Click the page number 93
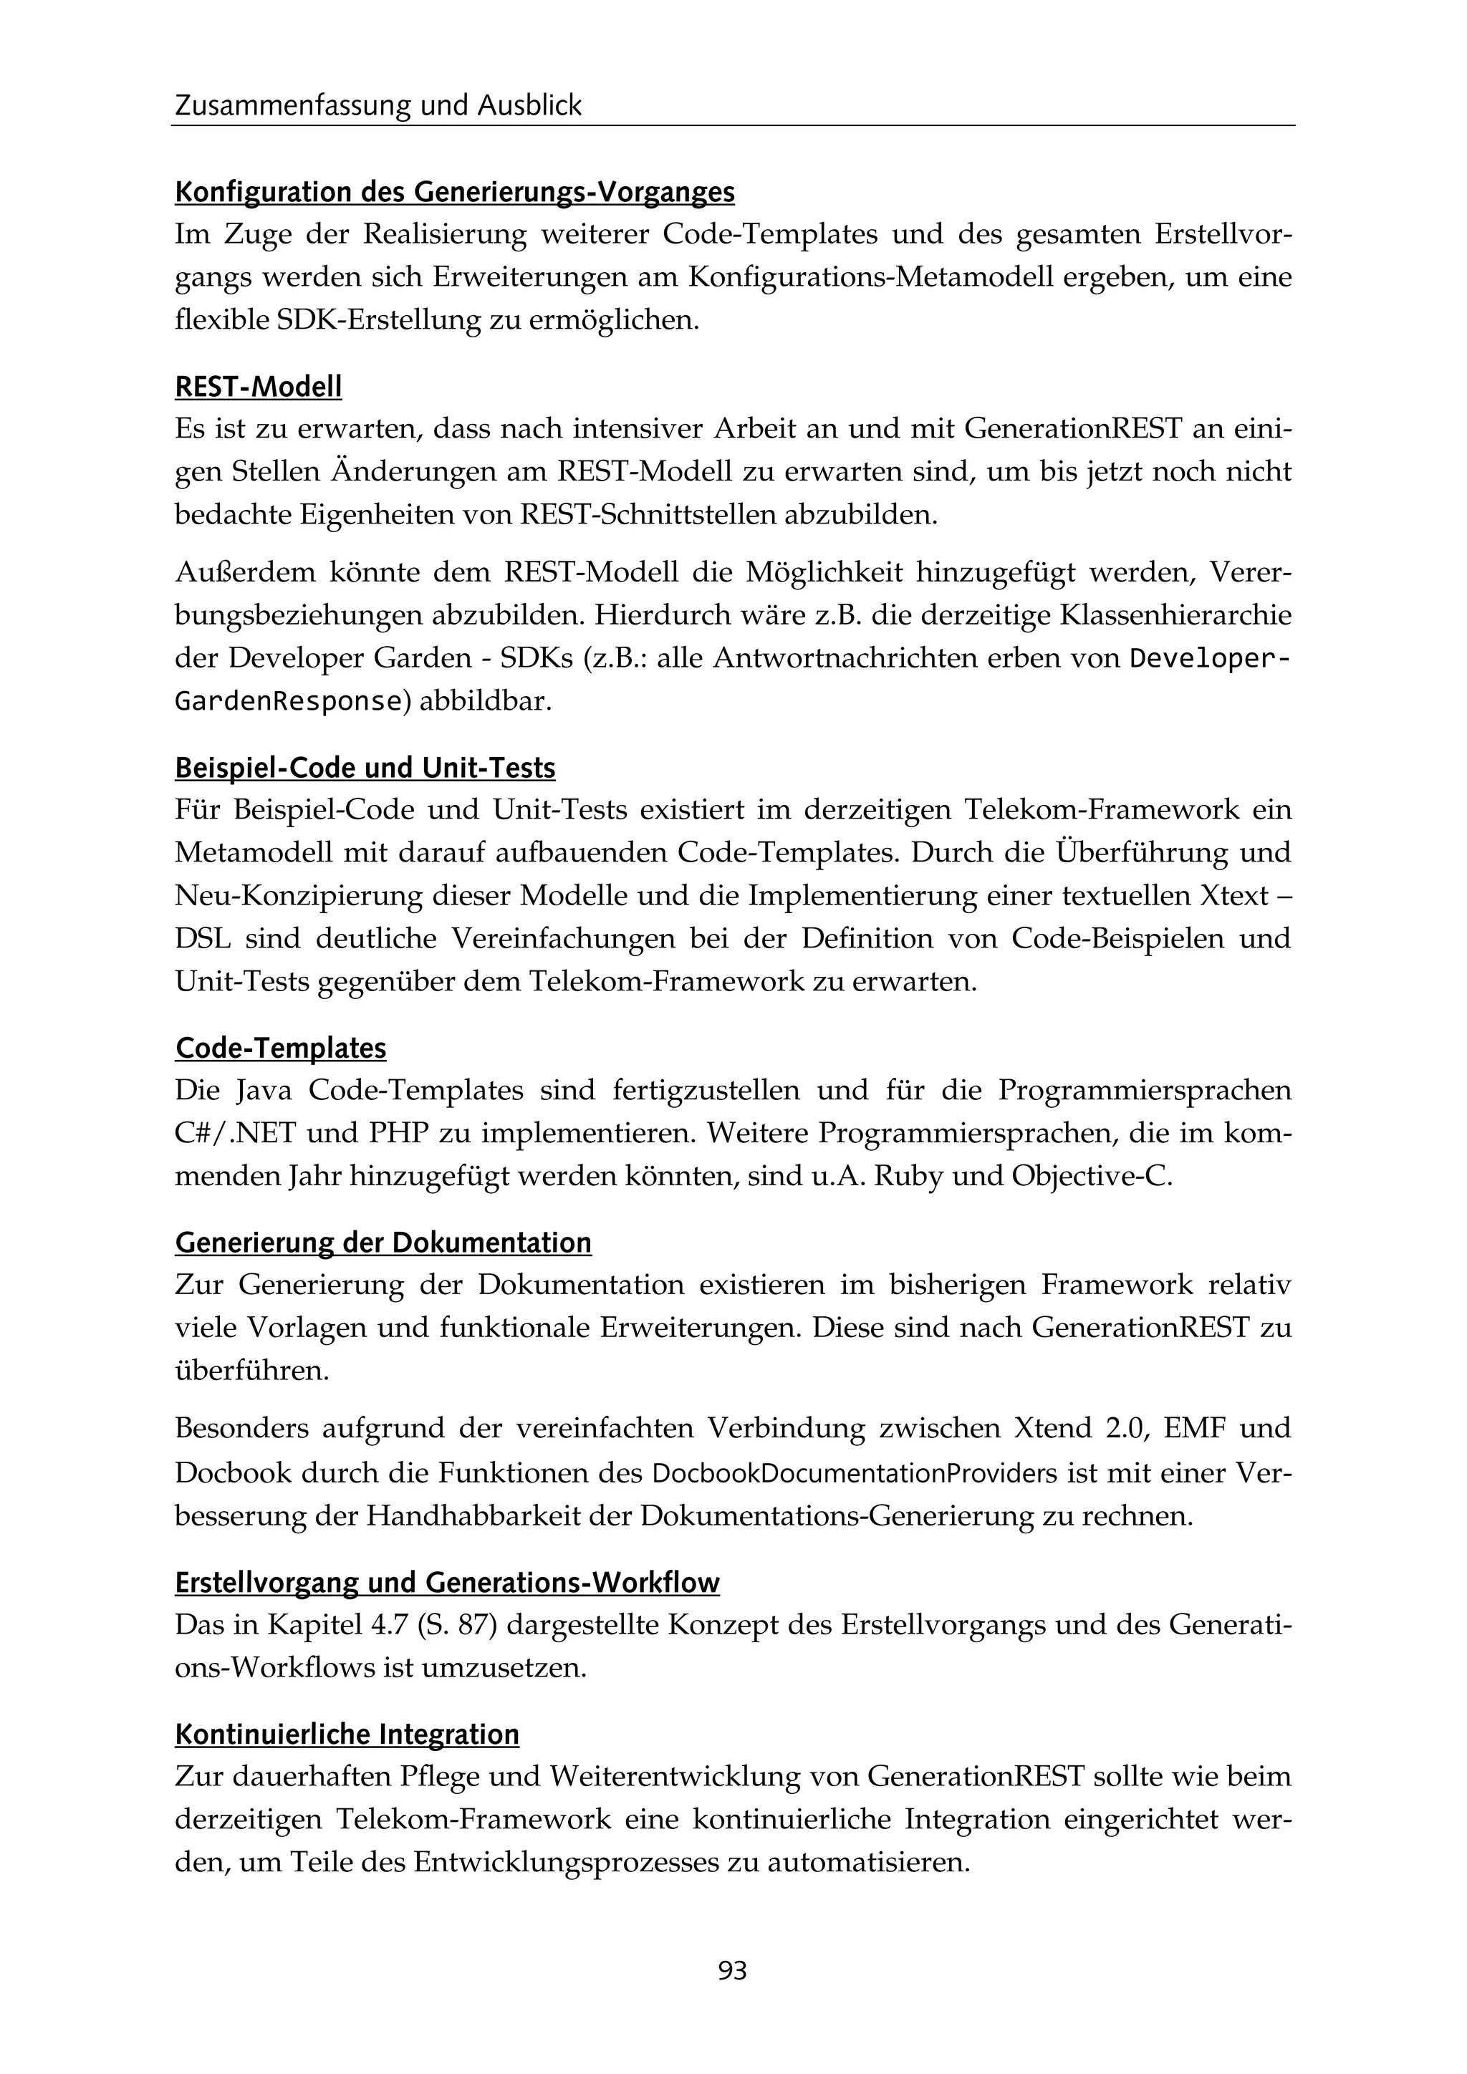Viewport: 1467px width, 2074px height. [x=733, y=1970]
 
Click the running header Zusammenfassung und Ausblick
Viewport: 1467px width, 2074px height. [x=378, y=106]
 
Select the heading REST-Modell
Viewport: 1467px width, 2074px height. [x=259, y=387]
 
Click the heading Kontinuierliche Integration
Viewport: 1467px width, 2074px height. [x=347, y=1735]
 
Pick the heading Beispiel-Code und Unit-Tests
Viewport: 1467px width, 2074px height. [x=365, y=768]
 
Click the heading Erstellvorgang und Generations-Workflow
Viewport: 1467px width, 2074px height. [x=447, y=1583]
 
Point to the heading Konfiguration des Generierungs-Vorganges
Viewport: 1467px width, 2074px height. [x=454, y=193]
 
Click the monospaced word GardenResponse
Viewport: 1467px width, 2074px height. [x=287, y=701]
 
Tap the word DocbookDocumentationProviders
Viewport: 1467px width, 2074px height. [x=854, y=1473]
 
